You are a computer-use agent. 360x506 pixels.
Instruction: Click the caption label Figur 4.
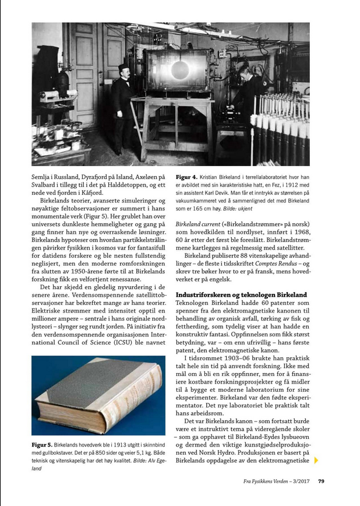pyautogui.click(x=186, y=177)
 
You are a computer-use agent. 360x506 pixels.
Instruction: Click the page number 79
pyautogui.click(x=322, y=482)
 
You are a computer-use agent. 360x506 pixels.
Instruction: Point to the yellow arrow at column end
pyautogui.click(x=316, y=460)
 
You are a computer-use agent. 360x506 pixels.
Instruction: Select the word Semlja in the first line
pyautogui.click(x=44, y=177)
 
